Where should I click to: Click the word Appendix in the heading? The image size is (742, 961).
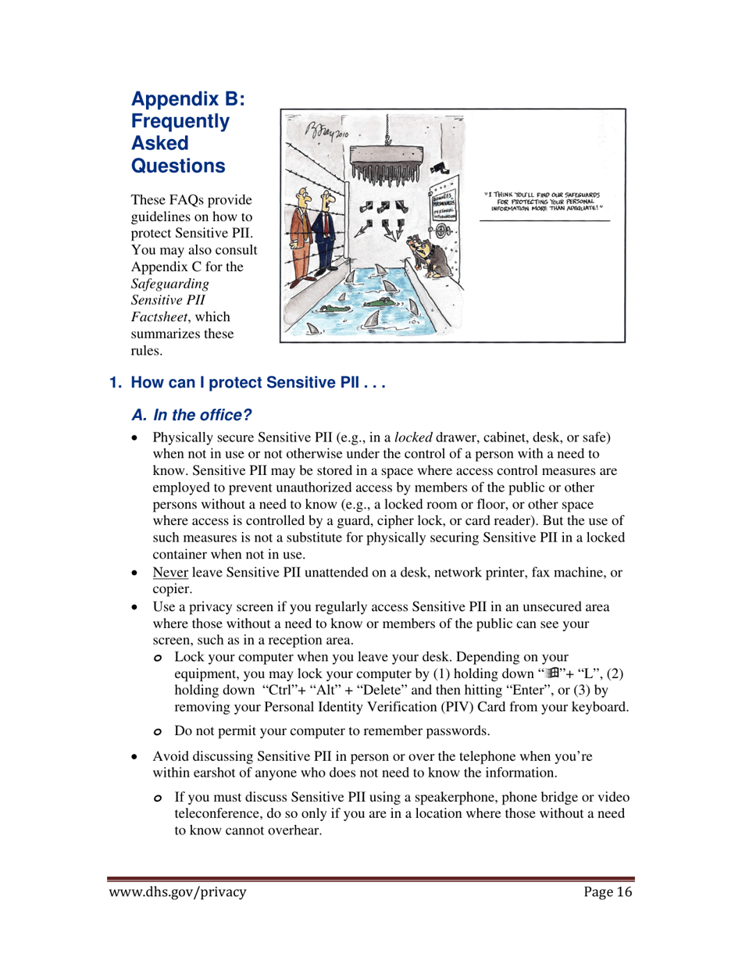click(x=167, y=99)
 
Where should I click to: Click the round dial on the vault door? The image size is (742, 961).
click(x=441, y=232)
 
